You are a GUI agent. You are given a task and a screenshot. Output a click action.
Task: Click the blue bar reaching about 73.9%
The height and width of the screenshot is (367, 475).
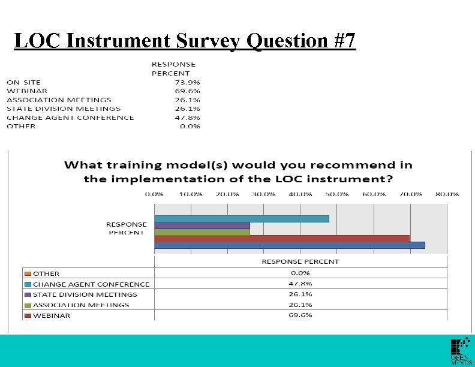tap(289, 245)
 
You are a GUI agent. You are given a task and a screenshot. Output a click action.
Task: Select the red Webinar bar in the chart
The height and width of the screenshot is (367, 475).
tap(281, 238)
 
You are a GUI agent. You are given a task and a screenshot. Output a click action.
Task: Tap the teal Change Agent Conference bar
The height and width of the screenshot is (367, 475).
tap(241, 218)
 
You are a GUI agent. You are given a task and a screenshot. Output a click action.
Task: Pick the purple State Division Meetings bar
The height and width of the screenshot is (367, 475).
tap(202, 225)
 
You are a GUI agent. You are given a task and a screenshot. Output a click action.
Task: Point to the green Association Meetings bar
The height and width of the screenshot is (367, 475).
tap(202, 231)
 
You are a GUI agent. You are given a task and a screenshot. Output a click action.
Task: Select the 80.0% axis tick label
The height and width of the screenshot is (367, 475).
tap(447, 194)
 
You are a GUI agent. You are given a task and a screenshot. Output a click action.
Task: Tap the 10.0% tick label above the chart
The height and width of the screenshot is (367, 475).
tap(191, 194)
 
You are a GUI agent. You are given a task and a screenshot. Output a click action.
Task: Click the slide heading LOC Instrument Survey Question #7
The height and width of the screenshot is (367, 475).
tap(185, 41)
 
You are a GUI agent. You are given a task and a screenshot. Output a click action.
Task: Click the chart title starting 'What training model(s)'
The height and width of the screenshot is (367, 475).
tap(238, 171)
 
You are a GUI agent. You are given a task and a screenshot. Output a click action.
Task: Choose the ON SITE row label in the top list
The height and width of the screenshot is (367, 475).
tap(24, 82)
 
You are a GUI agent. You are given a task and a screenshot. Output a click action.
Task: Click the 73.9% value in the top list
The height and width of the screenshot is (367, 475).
tap(187, 82)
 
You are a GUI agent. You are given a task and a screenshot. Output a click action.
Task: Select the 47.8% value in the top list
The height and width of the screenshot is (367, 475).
tap(187, 118)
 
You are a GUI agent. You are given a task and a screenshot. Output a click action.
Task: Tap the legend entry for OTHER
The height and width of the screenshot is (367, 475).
tap(46, 273)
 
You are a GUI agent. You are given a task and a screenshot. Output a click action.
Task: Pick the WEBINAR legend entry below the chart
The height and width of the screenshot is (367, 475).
tap(51, 315)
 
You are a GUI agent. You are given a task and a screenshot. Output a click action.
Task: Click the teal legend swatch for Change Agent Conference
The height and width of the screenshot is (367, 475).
tap(28, 284)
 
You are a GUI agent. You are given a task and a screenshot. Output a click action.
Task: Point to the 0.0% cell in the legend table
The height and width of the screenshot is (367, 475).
tap(300, 273)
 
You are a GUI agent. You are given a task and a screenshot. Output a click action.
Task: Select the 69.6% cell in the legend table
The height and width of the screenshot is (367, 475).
tap(300, 315)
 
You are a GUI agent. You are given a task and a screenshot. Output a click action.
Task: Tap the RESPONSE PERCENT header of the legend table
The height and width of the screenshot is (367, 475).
tap(300, 261)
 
